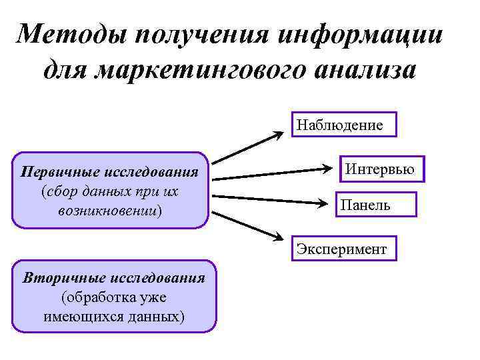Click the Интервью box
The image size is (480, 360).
379,170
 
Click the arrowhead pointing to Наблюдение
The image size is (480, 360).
276,134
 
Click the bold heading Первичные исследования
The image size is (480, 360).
110,173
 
